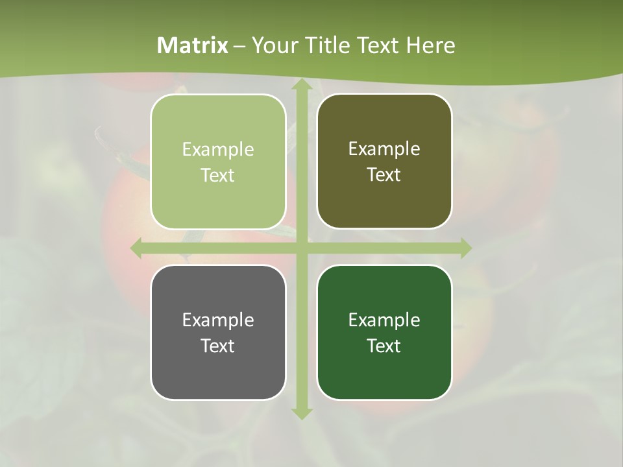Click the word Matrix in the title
pyautogui.click(x=193, y=45)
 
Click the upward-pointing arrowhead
pyautogui.click(x=300, y=85)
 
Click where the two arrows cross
pyautogui.click(x=300, y=248)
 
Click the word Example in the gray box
pyautogui.click(x=218, y=320)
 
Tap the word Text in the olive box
pyautogui.click(x=384, y=175)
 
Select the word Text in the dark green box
pyautogui.click(x=384, y=346)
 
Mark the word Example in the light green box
pyautogui.click(x=218, y=150)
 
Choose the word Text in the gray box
pyautogui.click(x=218, y=346)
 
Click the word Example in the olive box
pyautogui.click(x=384, y=149)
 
